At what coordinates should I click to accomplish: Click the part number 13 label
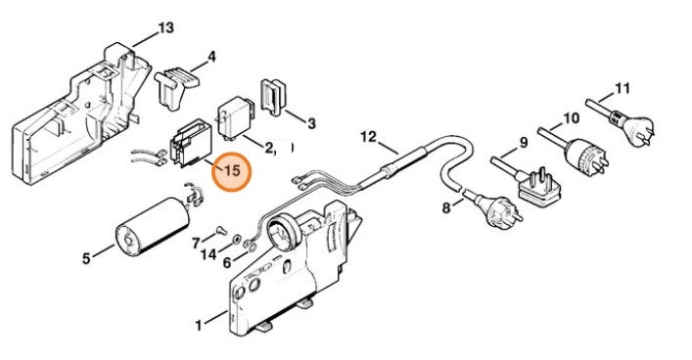point(166,28)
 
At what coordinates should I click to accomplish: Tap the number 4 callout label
point(211,57)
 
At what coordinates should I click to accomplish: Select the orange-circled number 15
point(231,171)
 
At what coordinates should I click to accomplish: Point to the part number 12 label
point(368,137)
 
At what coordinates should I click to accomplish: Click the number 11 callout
point(622,89)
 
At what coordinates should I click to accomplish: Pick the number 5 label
point(86,258)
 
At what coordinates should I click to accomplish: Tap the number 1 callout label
point(199,326)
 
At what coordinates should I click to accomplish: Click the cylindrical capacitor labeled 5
point(152,226)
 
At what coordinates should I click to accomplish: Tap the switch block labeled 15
point(190,144)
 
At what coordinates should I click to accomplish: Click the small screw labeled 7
point(220,230)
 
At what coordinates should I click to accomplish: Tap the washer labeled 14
point(237,240)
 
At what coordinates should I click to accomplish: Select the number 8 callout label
point(446,207)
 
